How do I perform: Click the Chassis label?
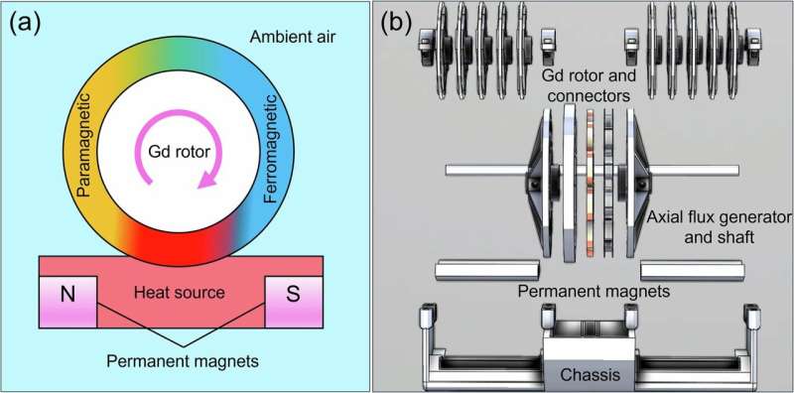point(592,375)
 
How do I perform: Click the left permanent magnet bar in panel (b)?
point(487,268)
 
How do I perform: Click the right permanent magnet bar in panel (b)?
point(693,268)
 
